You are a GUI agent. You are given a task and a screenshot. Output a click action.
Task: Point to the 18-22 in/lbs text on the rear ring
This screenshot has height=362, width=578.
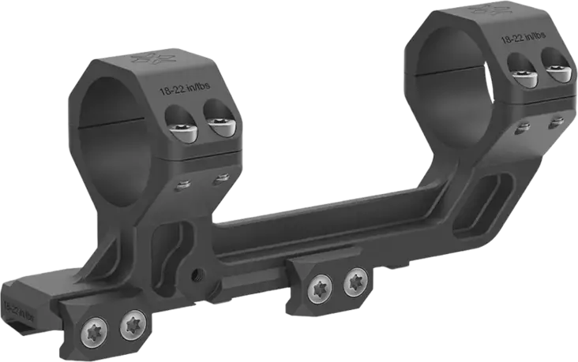click(523, 37)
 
